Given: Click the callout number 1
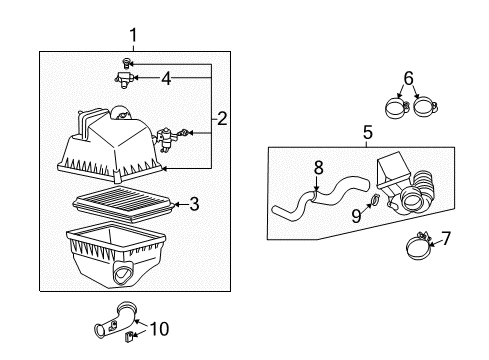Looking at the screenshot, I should [132, 36].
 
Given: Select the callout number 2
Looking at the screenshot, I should [221, 119].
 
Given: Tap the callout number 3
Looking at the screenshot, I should [194, 204].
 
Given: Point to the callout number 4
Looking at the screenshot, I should [166, 77].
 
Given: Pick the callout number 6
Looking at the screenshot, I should [407, 77].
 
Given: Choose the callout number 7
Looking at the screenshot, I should [446, 238].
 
